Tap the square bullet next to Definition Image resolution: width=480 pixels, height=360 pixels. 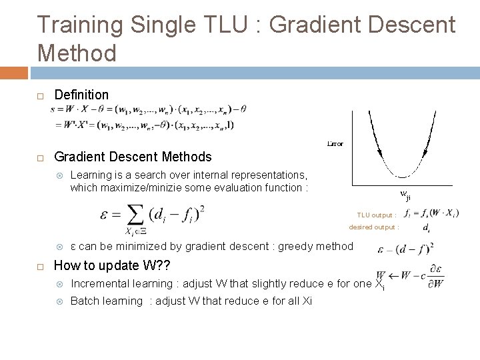point(40,96)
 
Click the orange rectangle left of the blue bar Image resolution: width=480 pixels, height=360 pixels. point(14,72)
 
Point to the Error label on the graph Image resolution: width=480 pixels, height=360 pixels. point(335,143)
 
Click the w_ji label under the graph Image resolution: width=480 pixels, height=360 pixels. point(406,195)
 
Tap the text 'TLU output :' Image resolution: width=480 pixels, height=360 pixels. point(377,215)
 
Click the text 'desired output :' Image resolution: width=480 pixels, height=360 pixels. point(374,227)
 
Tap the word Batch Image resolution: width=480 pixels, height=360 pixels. point(83,301)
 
